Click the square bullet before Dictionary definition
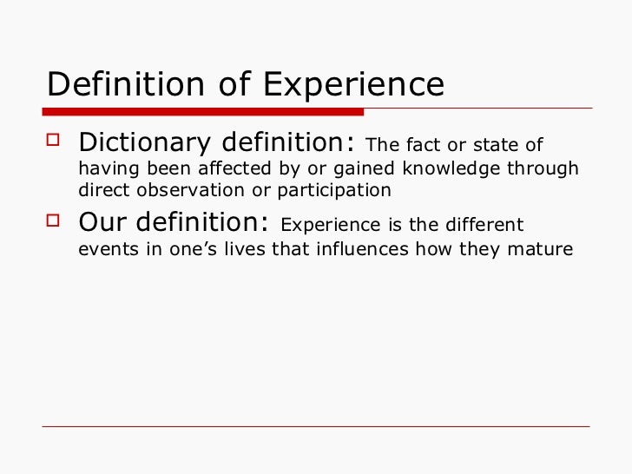point(57,141)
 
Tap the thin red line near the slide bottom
point(316,426)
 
